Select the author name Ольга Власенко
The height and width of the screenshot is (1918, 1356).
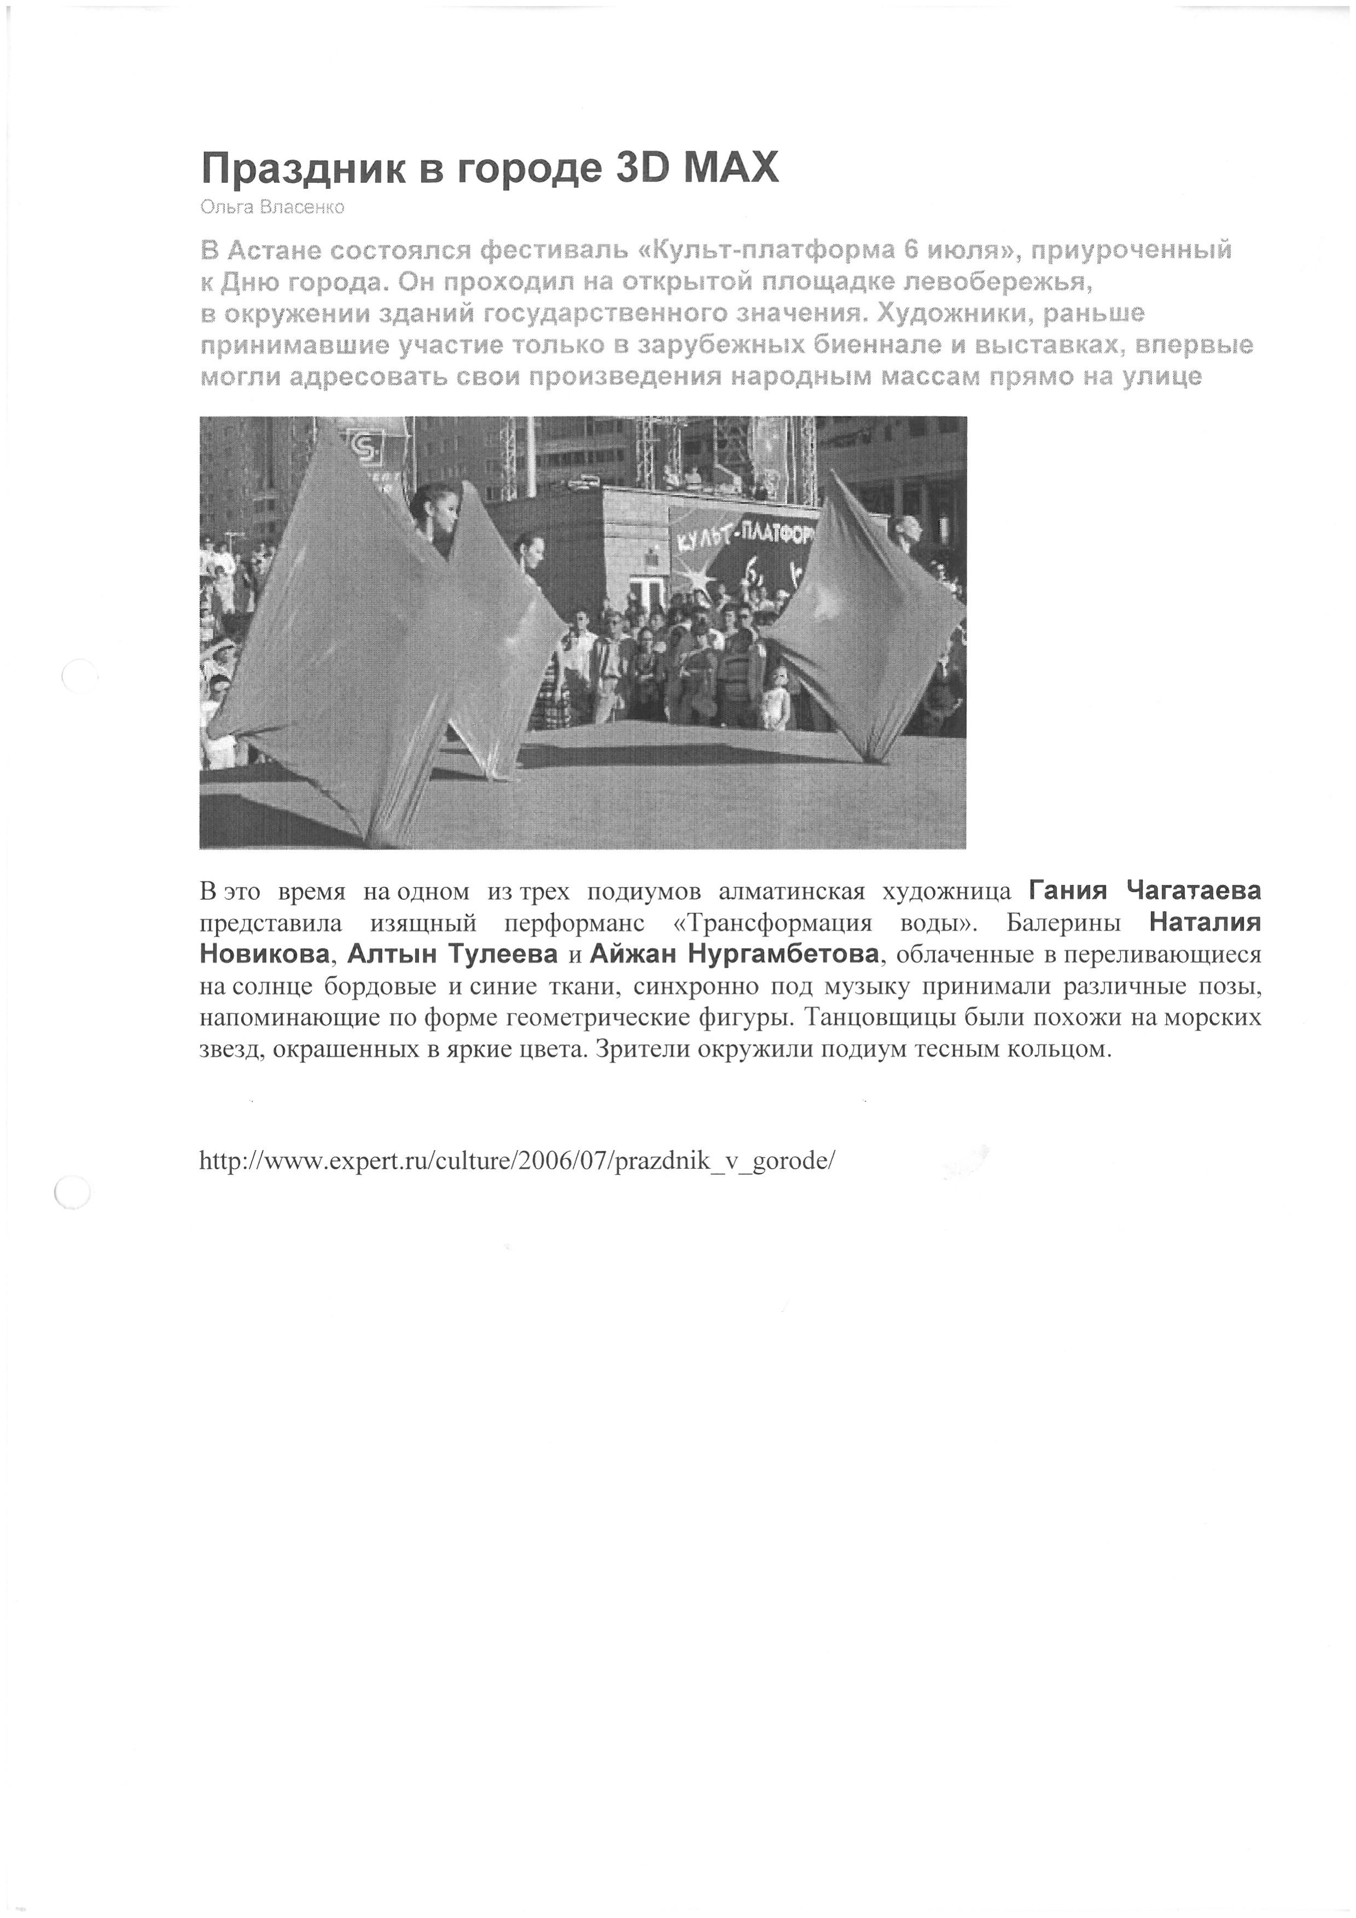(272, 207)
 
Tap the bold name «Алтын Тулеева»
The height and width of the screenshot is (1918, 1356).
(452, 955)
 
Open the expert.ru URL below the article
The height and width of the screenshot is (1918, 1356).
(517, 1161)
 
